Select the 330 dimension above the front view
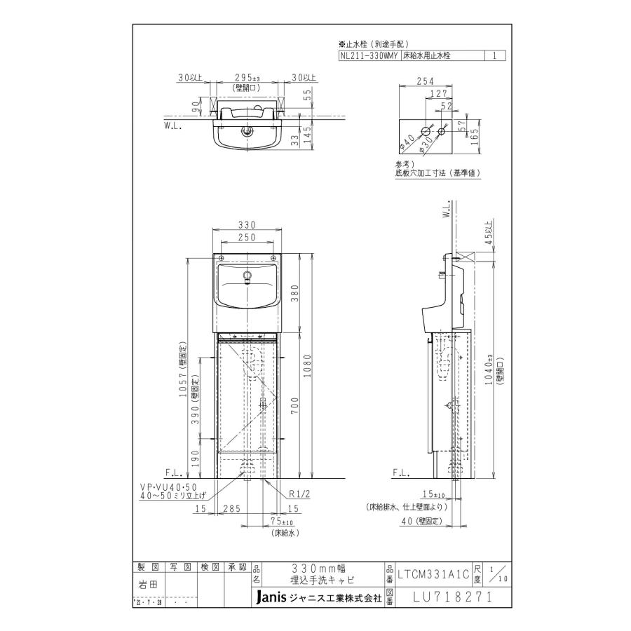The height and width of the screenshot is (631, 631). click(x=247, y=224)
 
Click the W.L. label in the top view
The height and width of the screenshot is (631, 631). click(x=173, y=127)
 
